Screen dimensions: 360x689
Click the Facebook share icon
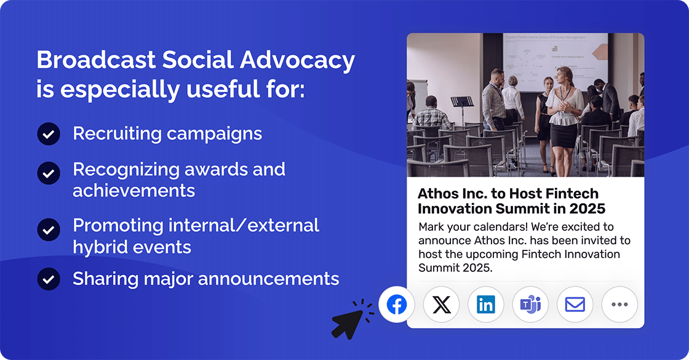pyautogui.click(x=397, y=305)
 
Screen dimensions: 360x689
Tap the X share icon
pyautogui.click(x=442, y=305)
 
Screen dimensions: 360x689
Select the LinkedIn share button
pyautogui.click(x=486, y=305)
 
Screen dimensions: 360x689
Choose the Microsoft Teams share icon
pyautogui.click(x=530, y=305)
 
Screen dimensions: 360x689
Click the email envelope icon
pyautogui.click(x=575, y=305)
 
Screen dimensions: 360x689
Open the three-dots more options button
pyautogui.click(x=619, y=305)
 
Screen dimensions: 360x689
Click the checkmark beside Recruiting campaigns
pyautogui.click(x=48, y=134)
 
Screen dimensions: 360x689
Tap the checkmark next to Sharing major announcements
pyautogui.click(x=48, y=279)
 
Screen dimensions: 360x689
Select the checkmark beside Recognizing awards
pyautogui.click(x=48, y=173)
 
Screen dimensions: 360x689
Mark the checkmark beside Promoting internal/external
pyautogui.click(x=48, y=230)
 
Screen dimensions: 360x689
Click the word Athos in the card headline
pyautogui.click(x=437, y=194)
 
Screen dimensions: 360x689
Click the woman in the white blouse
pyautogui.click(x=564, y=111)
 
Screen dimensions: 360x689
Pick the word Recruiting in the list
pyautogui.click(x=112, y=134)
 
